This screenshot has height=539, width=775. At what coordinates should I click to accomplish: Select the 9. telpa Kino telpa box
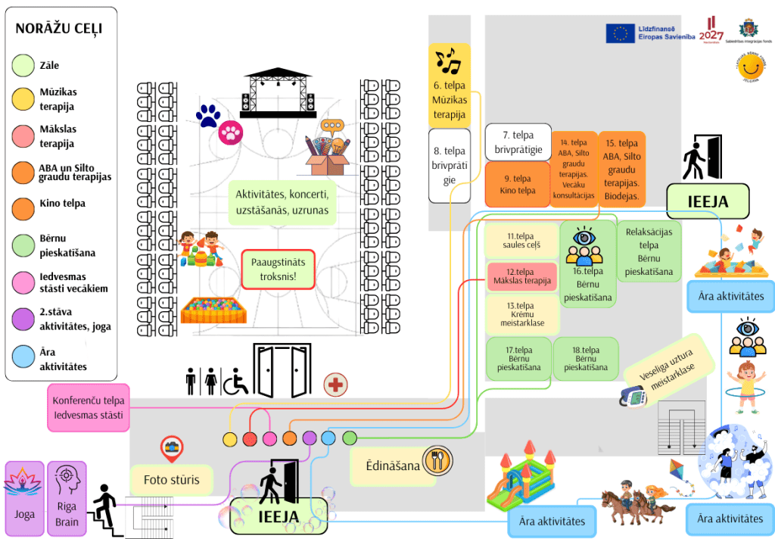pos(517,185)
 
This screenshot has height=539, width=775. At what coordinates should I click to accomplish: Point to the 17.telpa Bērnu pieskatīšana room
pos(519,359)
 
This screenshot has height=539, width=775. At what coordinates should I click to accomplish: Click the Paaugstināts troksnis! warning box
pos(278,269)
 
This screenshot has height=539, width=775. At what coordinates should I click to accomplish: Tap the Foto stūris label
pos(172,479)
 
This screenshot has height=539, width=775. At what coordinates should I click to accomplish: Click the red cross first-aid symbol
pos(336,385)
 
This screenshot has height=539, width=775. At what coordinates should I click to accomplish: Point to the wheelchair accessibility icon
pos(235,382)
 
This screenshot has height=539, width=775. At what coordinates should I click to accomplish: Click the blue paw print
pos(207,116)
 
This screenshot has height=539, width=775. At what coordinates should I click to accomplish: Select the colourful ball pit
pos(210,310)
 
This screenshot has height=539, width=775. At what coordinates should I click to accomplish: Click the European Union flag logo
pos(620,33)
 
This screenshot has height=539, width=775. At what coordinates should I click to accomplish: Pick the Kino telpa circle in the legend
pos(24,204)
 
